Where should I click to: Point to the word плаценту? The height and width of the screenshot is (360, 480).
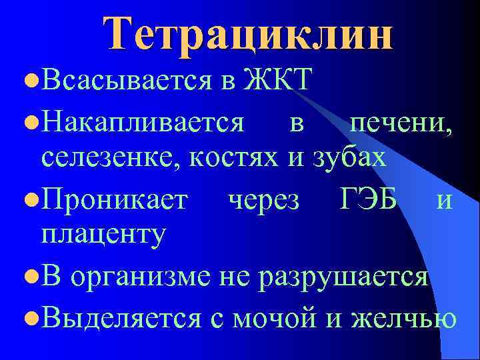[103, 236]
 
